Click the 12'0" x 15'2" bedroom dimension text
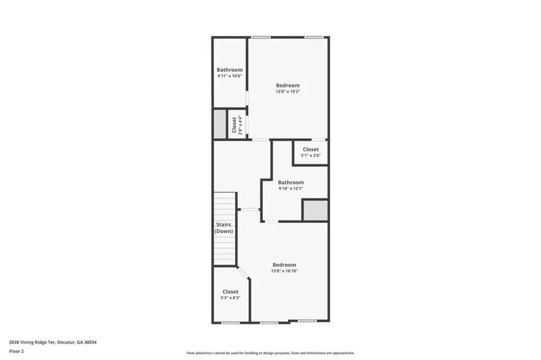point(288,91)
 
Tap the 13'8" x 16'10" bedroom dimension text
point(284,271)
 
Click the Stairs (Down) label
point(224,228)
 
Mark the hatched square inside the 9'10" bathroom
point(315,210)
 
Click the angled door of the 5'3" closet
point(243,272)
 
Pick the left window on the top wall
point(260,37)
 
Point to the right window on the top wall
point(314,37)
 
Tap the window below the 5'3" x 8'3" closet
point(230,323)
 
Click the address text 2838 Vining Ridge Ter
point(32,343)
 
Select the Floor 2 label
point(17,352)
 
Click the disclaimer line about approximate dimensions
point(270,353)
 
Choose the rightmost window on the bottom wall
point(307,321)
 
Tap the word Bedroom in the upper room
point(288,85)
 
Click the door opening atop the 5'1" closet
point(319,139)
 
